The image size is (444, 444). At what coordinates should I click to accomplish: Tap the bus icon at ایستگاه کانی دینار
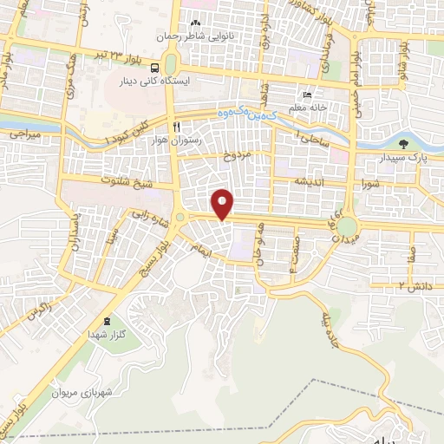(154, 68)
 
